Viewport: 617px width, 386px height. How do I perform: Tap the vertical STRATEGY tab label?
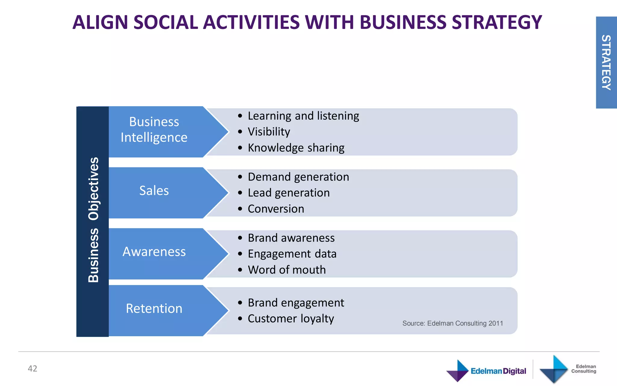pos(606,62)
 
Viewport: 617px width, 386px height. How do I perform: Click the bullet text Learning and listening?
pos(303,116)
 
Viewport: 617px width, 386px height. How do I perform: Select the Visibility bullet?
pos(269,132)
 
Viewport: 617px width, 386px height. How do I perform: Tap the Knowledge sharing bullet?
pos(296,148)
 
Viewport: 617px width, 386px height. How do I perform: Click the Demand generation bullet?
pos(298,177)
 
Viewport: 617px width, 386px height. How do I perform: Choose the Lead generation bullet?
pos(289,193)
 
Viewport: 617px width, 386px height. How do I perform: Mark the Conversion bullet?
pos(276,209)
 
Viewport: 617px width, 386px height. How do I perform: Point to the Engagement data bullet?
pos(292,254)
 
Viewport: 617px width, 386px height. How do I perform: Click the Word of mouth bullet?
pos(287,270)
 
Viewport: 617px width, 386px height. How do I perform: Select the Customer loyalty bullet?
pos(291,319)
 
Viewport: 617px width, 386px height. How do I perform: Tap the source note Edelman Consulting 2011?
pos(453,323)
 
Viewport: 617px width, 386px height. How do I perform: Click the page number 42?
pos(33,369)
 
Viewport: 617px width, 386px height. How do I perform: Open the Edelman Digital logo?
pos(486,371)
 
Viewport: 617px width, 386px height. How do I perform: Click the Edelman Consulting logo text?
pos(584,369)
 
